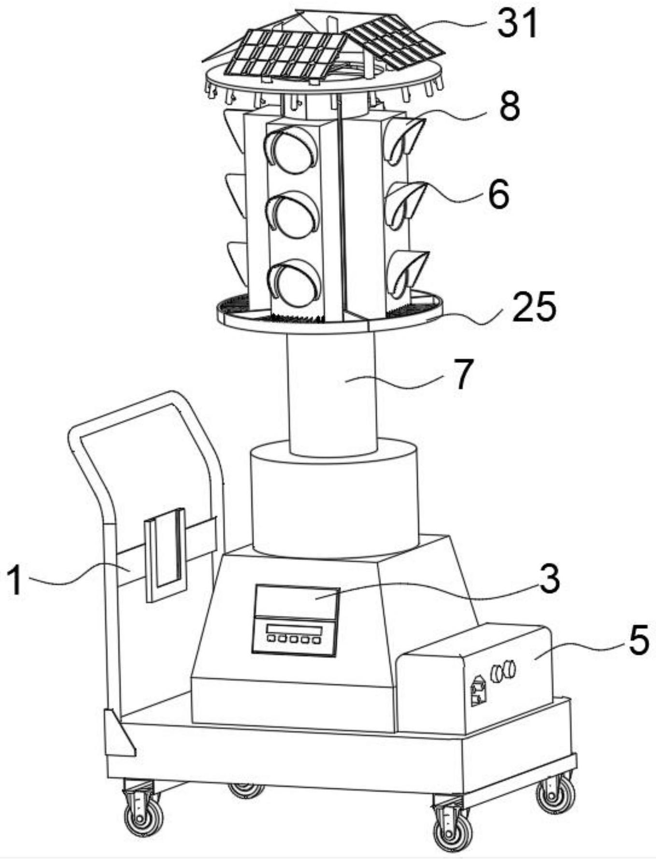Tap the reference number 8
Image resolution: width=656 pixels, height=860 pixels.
click(510, 106)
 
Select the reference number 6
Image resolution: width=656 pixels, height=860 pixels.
click(499, 194)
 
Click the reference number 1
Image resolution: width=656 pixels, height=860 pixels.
click(14, 581)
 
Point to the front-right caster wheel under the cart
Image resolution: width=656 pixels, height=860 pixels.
click(453, 831)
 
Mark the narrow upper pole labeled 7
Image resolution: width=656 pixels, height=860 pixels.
click(332, 394)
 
